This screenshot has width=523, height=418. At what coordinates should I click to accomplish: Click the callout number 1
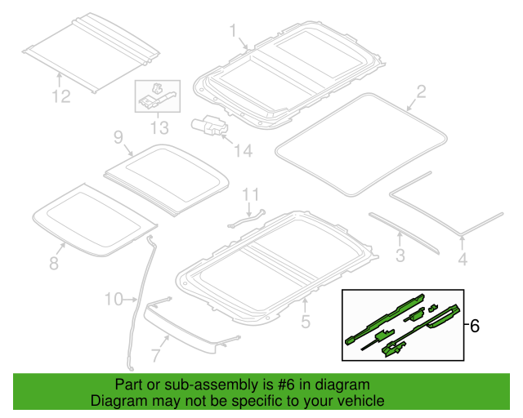(233, 31)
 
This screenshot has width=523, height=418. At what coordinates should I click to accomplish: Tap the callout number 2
(421, 91)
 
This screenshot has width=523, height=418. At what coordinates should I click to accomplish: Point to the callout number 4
(463, 260)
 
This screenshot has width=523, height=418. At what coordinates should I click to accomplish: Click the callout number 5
(305, 322)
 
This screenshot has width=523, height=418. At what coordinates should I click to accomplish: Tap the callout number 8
(54, 263)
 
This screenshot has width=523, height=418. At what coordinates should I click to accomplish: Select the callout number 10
(114, 300)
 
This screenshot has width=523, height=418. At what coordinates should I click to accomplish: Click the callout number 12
(61, 97)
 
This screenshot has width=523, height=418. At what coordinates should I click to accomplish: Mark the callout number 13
(159, 127)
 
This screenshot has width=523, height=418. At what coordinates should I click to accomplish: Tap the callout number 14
(243, 150)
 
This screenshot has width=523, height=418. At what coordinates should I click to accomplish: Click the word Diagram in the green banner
(117, 402)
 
